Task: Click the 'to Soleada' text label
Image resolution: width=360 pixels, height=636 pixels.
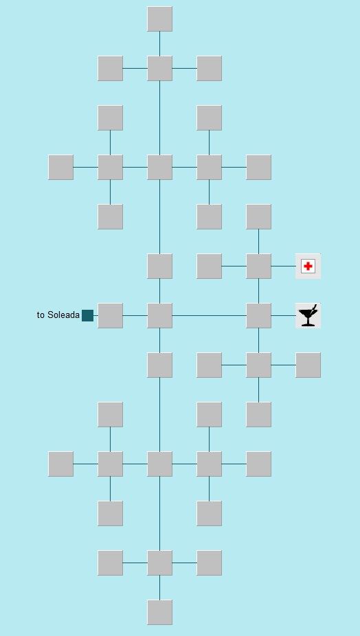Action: click(58, 315)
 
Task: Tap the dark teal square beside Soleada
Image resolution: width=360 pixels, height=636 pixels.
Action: click(88, 315)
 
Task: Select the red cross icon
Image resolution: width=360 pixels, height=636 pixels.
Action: click(308, 266)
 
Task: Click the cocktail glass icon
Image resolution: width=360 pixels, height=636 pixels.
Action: click(308, 315)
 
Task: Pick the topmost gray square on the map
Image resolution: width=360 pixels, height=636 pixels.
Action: click(159, 19)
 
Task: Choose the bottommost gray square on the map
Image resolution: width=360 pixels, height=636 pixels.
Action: click(159, 612)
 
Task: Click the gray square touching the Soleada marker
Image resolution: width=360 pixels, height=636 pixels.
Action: click(110, 315)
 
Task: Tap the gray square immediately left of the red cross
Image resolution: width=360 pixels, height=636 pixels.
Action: click(258, 266)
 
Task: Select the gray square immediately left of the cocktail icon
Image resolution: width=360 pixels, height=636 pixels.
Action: click(258, 315)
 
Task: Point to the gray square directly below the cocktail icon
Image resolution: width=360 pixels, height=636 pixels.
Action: click(308, 365)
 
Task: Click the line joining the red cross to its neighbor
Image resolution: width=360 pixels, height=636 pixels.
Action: click(283, 266)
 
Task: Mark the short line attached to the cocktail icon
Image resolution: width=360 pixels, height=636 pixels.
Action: click(283, 315)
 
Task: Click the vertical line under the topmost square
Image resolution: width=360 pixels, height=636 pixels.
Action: click(159, 43)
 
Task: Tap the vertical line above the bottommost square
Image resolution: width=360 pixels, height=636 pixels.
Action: click(159, 587)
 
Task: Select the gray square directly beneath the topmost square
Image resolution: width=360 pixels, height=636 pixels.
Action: click(159, 68)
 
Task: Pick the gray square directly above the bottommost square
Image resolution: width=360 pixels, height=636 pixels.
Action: click(159, 563)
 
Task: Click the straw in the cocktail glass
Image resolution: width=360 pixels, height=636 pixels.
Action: click(314, 308)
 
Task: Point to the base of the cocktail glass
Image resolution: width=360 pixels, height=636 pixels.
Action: click(308, 324)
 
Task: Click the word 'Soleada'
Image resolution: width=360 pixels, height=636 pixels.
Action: click(64, 315)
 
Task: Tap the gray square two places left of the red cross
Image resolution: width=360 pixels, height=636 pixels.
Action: click(209, 266)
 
